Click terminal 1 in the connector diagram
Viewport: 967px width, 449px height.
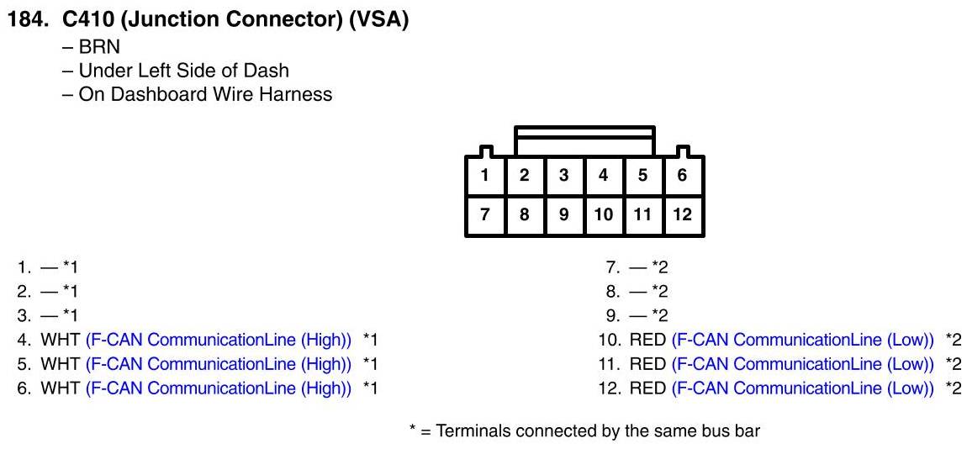pyautogui.click(x=485, y=176)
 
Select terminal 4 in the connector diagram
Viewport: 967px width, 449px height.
pyautogui.click(x=603, y=176)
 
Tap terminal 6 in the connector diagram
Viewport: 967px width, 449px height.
pyautogui.click(x=682, y=176)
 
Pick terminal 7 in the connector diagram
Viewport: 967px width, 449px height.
pyautogui.click(x=485, y=214)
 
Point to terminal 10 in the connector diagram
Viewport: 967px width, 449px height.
pyautogui.click(x=603, y=214)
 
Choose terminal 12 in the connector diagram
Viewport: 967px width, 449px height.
pyautogui.click(x=682, y=214)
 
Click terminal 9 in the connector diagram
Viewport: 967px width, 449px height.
pyautogui.click(x=563, y=214)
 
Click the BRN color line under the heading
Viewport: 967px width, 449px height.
pyautogui.click(x=99, y=47)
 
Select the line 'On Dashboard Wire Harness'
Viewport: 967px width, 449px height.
pyautogui.click(x=204, y=94)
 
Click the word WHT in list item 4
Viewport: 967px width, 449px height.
pyautogui.click(x=60, y=340)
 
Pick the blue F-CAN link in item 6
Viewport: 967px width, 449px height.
pyautogui.click(x=219, y=388)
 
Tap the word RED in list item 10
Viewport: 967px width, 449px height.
pyautogui.click(x=647, y=340)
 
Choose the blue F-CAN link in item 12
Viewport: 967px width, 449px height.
pyautogui.click(x=803, y=388)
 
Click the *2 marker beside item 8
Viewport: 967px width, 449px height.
pyautogui.click(x=661, y=292)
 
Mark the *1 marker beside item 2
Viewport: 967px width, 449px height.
pyautogui.click(x=70, y=292)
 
